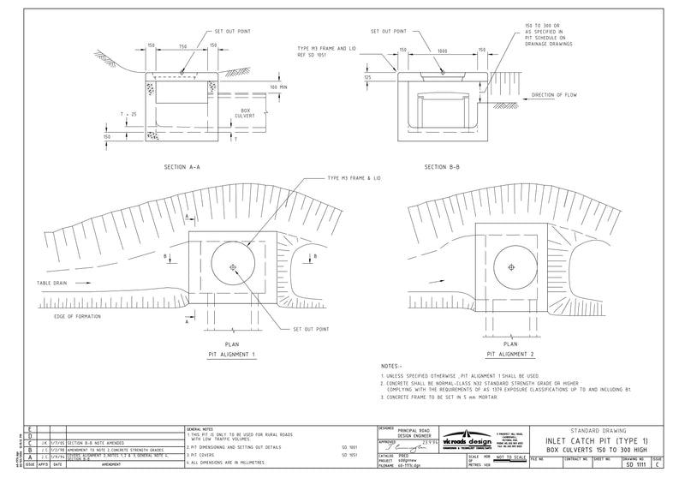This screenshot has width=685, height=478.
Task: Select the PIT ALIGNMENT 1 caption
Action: [x=230, y=353]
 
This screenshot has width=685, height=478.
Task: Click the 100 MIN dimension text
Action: [x=278, y=87]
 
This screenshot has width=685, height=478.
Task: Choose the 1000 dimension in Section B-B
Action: [x=442, y=50]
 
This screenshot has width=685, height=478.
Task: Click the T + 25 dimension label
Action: [x=129, y=114]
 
